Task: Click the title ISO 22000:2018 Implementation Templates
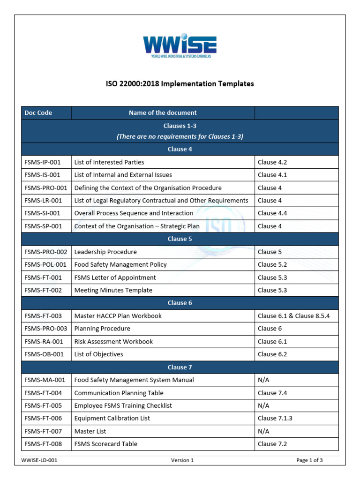pyautogui.click(x=180, y=84)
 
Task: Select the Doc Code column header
pyautogui.click(x=38, y=112)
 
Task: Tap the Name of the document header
pyautogui.click(x=163, y=112)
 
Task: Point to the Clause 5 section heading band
pyautogui.click(x=180, y=239)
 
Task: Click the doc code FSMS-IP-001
pyautogui.click(x=43, y=162)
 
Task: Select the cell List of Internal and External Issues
pyautogui.click(x=123, y=175)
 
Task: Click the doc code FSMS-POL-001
pyautogui.click(x=45, y=265)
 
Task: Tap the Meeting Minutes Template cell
pyautogui.click(x=113, y=290)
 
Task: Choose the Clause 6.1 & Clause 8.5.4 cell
pyautogui.click(x=293, y=316)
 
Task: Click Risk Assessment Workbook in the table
pyautogui.click(x=113, y=342)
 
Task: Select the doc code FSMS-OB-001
pyautogui.click(x=44, y=354)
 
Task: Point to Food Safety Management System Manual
pyautogui.click(x=134, y=380)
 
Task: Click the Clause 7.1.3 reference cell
pyautogui.click(x=275, y=418)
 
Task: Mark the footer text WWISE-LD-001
pyautogui.click(x=39, y=460)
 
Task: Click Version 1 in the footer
pyautogui.click(x=182, y=460)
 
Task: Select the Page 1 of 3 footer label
pyautogui.click(x=309, y=460)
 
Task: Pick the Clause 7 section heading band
pyautogui.click(x=180, y=367)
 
